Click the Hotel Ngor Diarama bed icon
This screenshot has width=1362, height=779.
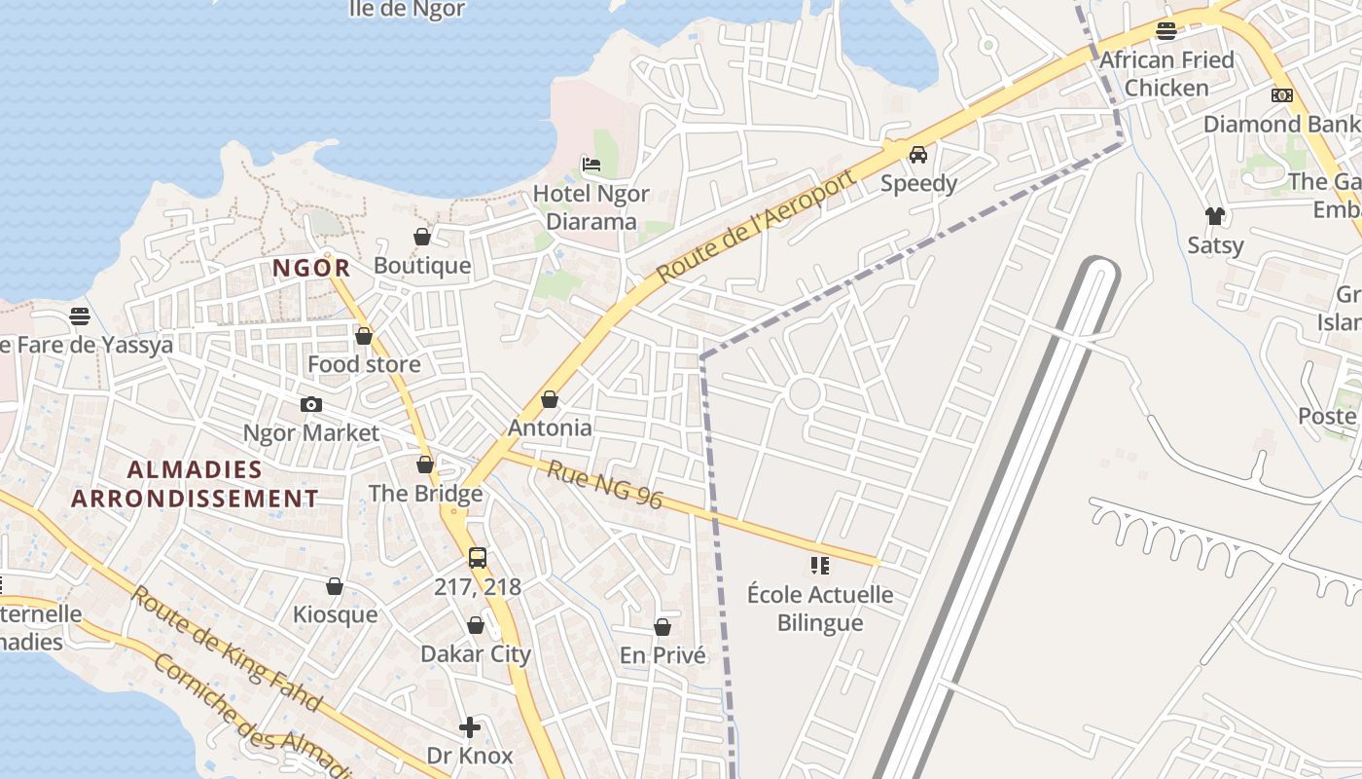tap(591, 164)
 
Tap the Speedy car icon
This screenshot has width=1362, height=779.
tap(918, 154)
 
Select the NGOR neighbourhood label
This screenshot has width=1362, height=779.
tap(311, 268)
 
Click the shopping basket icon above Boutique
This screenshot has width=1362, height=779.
tap(422, 237)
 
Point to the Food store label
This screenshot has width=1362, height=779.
tap(364, 364)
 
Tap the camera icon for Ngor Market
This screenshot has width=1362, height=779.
tap(311, 404)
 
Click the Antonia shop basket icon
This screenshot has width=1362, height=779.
tap(550, 399)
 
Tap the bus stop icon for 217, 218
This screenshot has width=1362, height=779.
tap(477, 558)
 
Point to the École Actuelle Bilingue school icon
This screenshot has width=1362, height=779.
tap(819, 565)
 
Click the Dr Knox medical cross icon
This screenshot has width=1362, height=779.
tap(470, 727)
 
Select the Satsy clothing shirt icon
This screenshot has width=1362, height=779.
tap(1214, 215)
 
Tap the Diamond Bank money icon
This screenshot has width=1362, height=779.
tap(1281, 95)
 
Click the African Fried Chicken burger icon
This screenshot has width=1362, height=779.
tap(1165, 30)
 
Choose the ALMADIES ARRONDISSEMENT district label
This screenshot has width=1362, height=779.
tap(195, 484)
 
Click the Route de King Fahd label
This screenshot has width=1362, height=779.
tap(226, 647)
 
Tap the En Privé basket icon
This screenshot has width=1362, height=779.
tap(663, 627)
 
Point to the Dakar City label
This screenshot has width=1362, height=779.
tap(476, 653)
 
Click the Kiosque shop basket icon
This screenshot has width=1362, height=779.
tap(335, 586)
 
